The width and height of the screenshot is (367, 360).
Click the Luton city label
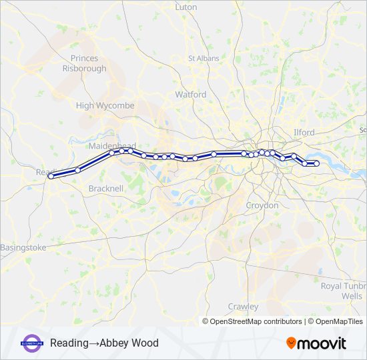click(186, 7)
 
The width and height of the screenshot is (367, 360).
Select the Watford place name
click(191, 95)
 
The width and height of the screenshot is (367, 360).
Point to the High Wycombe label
click(105, 105)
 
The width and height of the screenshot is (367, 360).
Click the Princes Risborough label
click(84, 63)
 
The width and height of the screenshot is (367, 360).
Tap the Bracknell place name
click(105, 189)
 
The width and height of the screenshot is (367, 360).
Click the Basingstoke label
click(23, 247)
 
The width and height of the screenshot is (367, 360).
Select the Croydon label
click(262, 205)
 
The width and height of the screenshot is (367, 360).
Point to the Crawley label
click(243, 306)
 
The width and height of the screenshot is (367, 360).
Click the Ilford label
click(304, 133)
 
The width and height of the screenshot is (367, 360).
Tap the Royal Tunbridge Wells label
click(342, 291)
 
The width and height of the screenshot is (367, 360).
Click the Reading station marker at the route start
click(51, 176)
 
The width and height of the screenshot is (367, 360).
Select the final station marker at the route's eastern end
click(317, 163)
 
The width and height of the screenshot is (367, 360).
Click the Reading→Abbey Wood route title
click(104, 343)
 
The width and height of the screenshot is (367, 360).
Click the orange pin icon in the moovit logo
click(291, 343)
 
